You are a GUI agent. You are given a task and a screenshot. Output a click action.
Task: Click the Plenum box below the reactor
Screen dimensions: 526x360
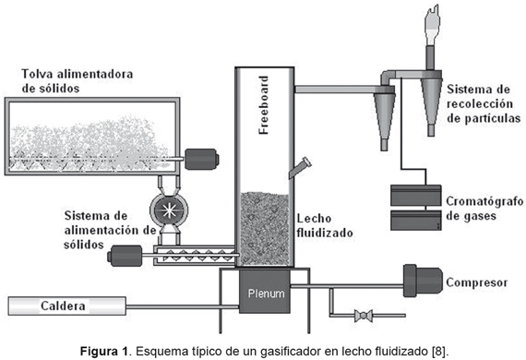coord(264,292)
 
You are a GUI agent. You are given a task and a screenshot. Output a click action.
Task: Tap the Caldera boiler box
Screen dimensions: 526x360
coord(67,306)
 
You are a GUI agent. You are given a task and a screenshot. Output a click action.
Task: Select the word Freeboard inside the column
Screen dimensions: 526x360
coord(264,105)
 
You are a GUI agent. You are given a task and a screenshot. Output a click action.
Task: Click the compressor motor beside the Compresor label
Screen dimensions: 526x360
coord(423,281)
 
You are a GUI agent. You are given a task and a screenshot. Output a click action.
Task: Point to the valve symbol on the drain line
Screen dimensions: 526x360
coord(364,316)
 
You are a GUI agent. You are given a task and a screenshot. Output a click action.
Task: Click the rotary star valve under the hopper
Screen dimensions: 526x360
coord(169,210)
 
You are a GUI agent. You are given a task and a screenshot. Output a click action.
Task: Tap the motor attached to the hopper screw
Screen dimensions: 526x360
coord(201,159)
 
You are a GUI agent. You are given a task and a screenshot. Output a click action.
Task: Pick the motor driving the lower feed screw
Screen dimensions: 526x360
coord(125,256)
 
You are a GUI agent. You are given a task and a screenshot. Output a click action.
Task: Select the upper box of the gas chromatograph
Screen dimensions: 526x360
coord(416,196)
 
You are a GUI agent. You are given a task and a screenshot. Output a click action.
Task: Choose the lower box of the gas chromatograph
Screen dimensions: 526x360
coord(416,220)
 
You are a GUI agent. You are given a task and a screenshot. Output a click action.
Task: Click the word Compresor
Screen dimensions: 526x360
coord(477,282)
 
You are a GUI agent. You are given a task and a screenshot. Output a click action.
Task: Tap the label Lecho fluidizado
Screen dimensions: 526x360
coord(325,225)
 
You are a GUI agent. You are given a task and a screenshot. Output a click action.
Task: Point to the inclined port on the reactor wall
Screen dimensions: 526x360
coord(300,168)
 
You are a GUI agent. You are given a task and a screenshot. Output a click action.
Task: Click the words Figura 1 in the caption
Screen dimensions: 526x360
coord(104,352)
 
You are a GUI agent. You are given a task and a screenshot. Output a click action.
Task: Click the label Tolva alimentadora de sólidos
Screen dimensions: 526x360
coord(78,81)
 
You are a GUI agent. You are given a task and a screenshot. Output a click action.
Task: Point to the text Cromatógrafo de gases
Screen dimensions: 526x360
coord(484,209)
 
